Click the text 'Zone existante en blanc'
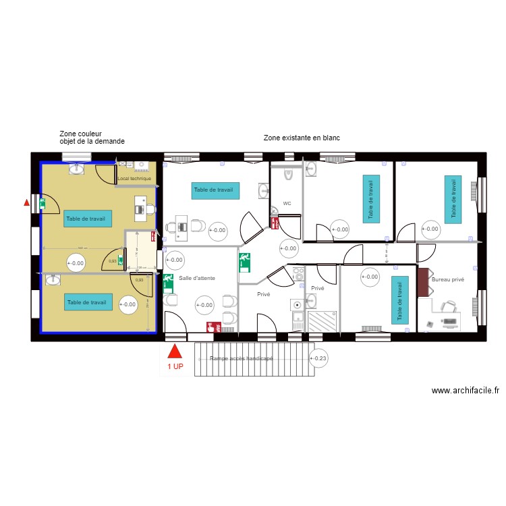(302, 138)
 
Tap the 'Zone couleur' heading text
(80, 134)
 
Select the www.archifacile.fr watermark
(465, 391)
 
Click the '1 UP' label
(175, 367)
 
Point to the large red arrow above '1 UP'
(175, 352)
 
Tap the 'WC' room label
(287, 203)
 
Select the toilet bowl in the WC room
(288, 175)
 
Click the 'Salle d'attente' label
(197, 278)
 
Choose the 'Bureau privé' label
(449, 279)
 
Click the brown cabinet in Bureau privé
(424, 282)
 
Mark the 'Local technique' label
(134, 179)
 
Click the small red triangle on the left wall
(27, 202)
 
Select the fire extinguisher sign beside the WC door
(275, 222)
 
